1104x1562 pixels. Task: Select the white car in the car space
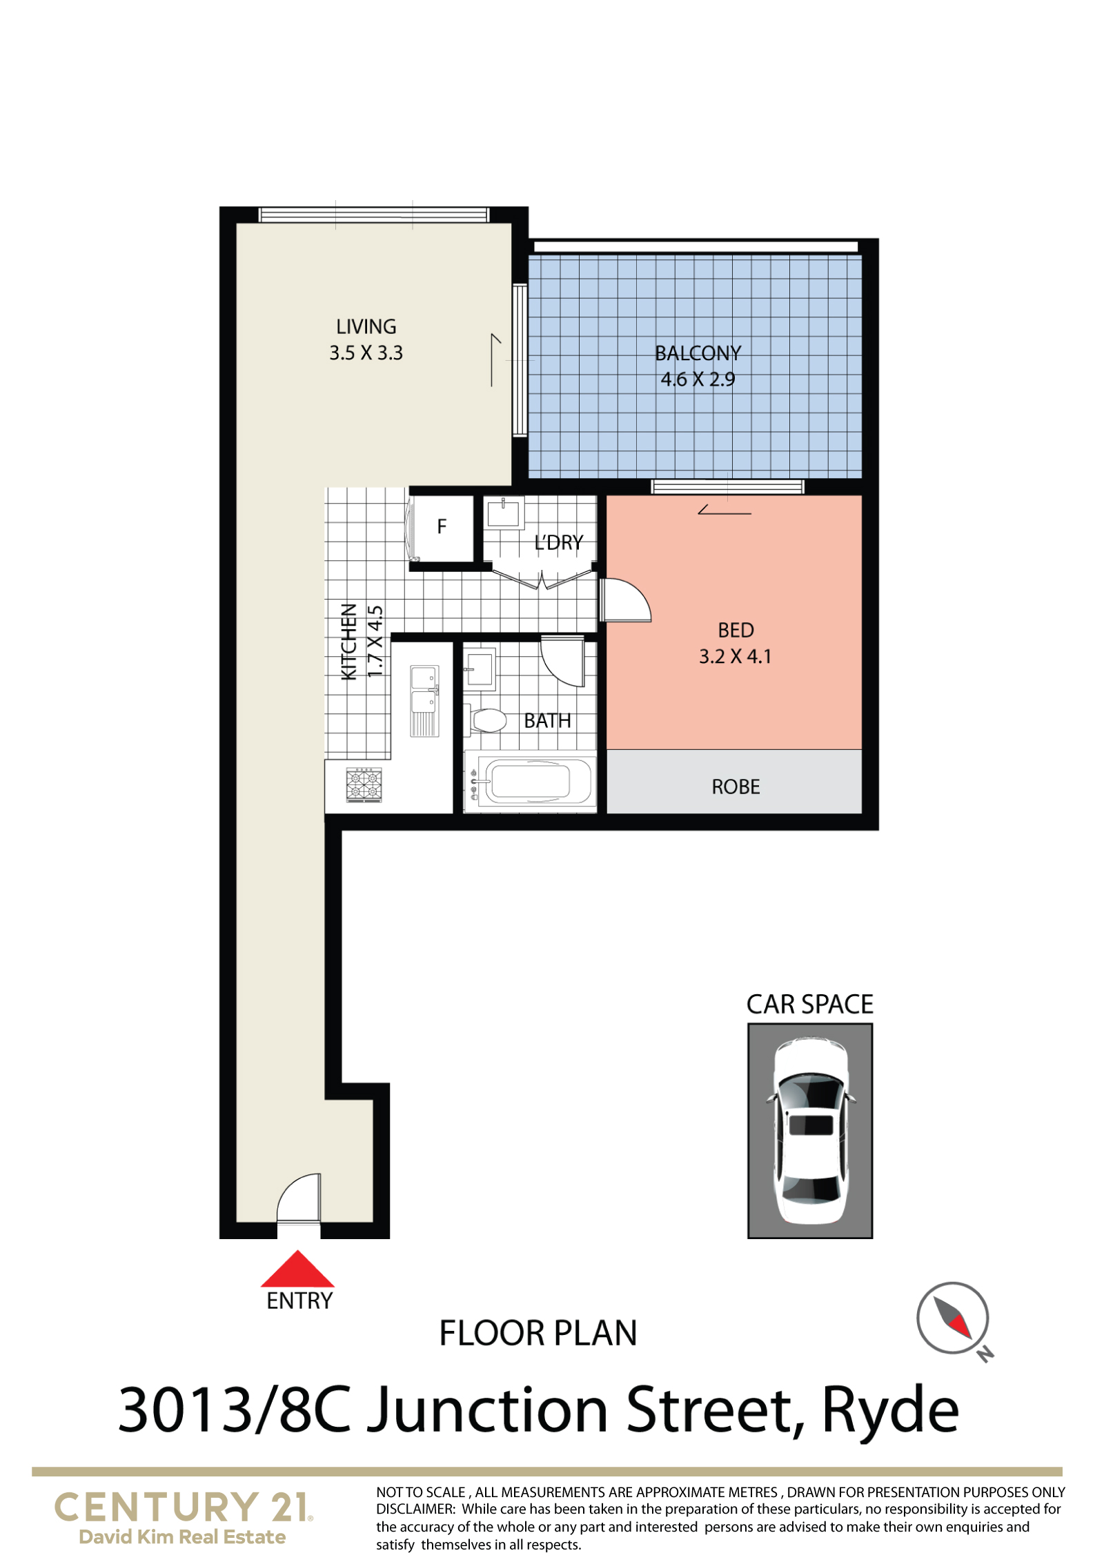(x=810, y=1132)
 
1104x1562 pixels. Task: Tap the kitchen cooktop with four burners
(x=364, y=785)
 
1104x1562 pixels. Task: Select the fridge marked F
(x=442, y=528)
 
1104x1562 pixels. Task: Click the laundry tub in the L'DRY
(x=504, y=513)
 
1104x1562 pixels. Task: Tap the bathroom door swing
(x=563, y=662)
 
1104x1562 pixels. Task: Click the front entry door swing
(x=299, y=1198)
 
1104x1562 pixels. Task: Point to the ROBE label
(x=736, y=787)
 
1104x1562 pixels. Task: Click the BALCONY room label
(x=698, y=353)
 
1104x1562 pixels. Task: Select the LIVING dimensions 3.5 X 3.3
(x=366, y=353)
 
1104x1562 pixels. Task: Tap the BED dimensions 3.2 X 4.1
(x=736, y=657)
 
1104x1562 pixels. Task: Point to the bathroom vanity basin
(x=480, y=669)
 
